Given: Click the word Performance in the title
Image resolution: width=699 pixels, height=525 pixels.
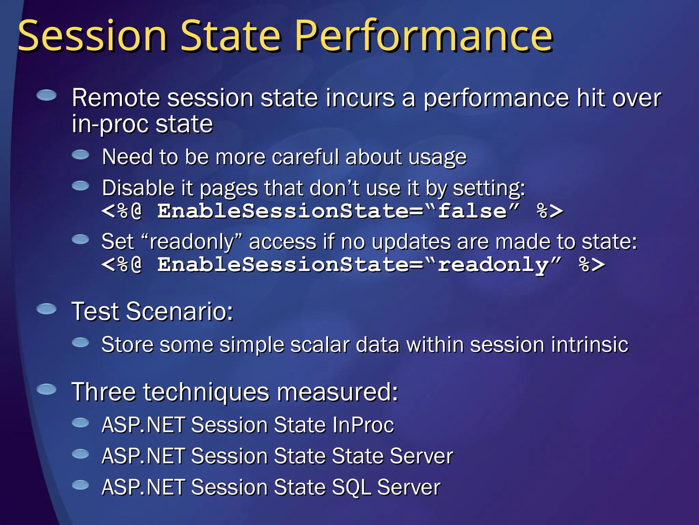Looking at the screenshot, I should (423, 36).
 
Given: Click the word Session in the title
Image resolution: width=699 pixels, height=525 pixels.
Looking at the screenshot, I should (92, 36).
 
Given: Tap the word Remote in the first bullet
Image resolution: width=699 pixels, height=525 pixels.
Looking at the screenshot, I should (116, 98).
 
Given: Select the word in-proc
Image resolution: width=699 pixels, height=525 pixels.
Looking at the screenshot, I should (110, 124).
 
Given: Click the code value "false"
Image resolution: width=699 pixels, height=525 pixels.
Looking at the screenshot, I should (478, 211).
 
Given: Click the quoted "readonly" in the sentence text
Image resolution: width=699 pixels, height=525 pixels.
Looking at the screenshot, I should (191, 242).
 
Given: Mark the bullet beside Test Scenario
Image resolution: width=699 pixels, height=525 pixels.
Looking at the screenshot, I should (46, 309).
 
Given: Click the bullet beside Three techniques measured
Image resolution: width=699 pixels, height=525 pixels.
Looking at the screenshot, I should (46, 389).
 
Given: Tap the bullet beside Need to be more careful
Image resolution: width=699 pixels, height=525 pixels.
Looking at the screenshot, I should (81, 154).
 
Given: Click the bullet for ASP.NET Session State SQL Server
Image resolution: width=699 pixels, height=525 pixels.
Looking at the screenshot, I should (81, 485).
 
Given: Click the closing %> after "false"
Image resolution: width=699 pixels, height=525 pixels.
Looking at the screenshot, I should (550, 211).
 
